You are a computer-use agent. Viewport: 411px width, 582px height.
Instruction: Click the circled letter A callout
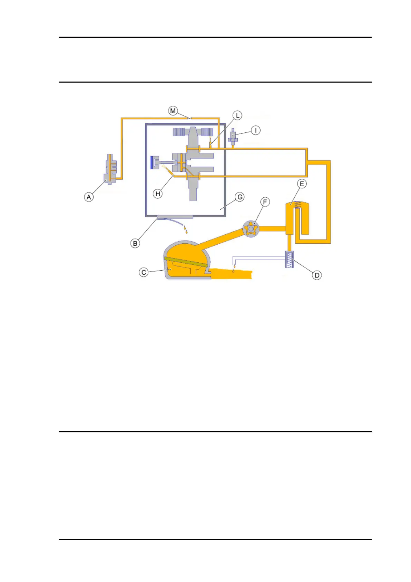click(x=89, y=197)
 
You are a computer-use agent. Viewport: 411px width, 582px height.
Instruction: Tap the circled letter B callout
click(x=135, y=243)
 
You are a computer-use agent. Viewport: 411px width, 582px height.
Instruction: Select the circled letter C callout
click(x=144, y=272)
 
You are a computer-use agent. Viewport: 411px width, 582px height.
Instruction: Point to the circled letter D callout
click(x=317, y=275)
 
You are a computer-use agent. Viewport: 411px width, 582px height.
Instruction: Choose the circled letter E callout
click(x=302, y=184)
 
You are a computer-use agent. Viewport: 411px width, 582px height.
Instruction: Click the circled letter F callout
click(x=265, y=202)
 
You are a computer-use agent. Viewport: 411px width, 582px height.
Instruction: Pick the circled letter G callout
click(x=239, y=197)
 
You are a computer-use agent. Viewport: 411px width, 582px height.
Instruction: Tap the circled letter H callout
click(x=158, y=194)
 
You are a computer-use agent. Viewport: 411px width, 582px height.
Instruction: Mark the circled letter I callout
click(x=255, y=130)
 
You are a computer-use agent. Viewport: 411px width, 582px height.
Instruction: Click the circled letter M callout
click(x=173, y=111)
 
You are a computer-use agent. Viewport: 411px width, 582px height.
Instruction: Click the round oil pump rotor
click(x=251, y=229)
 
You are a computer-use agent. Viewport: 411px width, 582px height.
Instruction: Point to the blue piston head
click(x=152, y=163)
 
